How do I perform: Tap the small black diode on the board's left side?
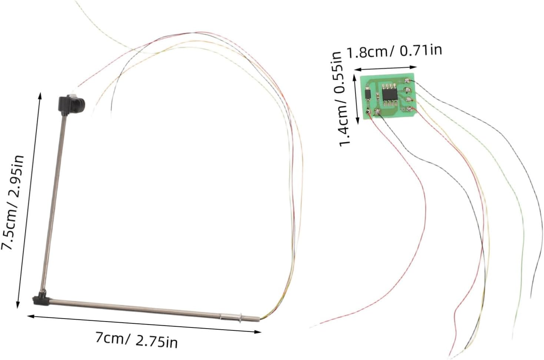(368, 94)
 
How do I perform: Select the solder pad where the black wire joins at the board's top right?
(407, 80)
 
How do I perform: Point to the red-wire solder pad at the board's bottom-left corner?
(368, 112)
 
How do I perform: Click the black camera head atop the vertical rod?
(71, 104)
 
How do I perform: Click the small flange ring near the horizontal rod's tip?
(240, 318)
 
